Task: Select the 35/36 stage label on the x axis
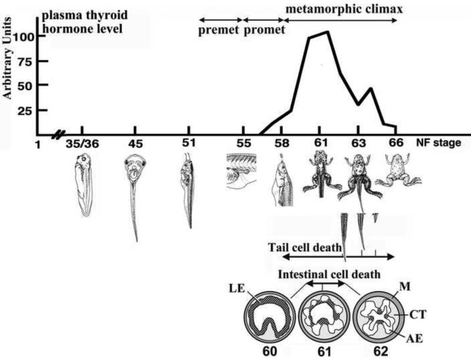[x=81, y=143]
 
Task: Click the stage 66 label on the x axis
[x=396, y=143]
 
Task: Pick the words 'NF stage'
[x=435, y=143]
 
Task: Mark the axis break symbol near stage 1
[x=58, y=135]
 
